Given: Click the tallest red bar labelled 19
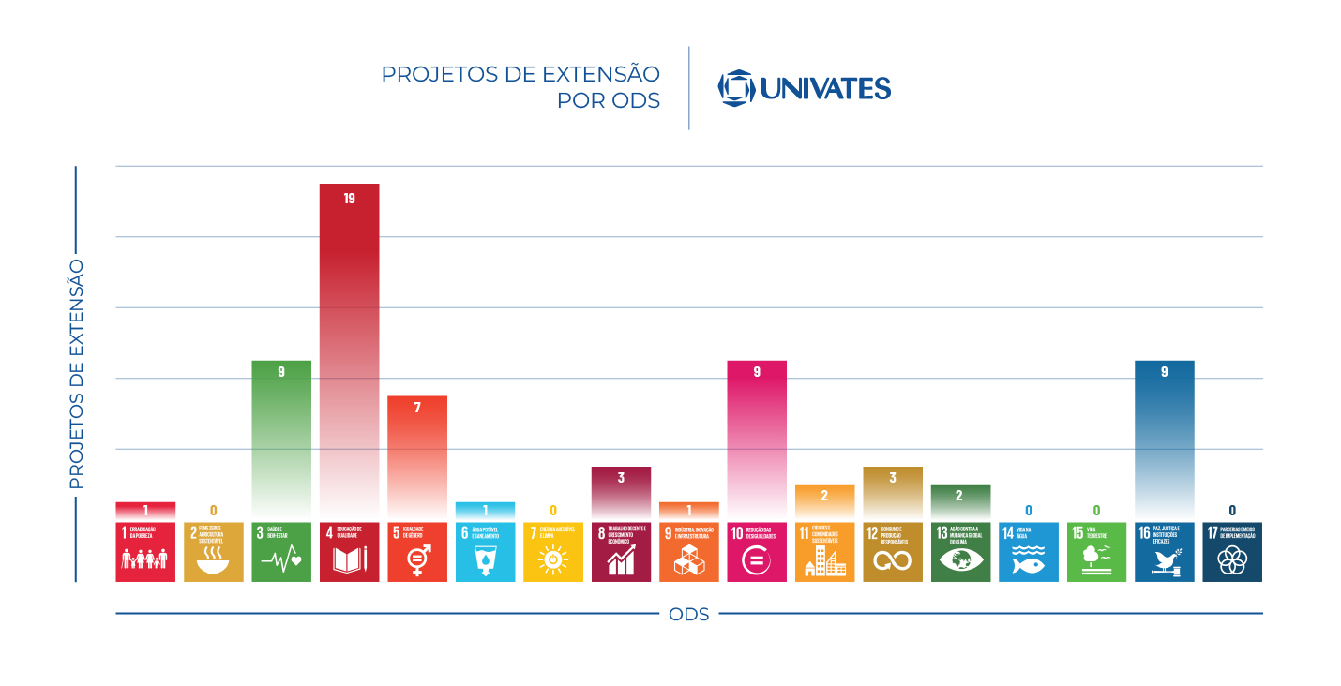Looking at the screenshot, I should pos(349,347).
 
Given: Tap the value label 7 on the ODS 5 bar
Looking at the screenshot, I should pos(417,408).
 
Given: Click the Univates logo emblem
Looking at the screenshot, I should pos(736,88).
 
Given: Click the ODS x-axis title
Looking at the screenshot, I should pos(689,615).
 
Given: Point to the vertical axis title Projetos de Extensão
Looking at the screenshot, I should pos(77,374).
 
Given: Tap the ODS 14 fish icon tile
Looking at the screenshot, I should pos(1029,552).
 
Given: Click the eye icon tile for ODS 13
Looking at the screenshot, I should pos(960,552).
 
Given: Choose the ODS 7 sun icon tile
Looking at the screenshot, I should pos(553,552).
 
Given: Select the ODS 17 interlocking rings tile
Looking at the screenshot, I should pos(1232,552).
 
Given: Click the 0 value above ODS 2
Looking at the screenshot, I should pos(214,511).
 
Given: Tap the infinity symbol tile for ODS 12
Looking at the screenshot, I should pos(893,552).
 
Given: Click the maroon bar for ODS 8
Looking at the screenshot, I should pos(621,492).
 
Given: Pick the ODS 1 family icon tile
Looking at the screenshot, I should pos(145,552).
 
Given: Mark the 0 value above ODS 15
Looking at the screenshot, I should pos(1096,511).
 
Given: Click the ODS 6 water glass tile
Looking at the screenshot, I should pos(485,552).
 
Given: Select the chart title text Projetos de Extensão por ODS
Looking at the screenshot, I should pos(520,87).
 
